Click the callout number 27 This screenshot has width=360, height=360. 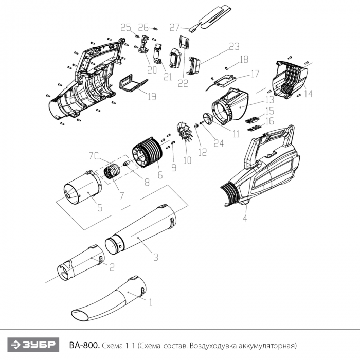(174, 28)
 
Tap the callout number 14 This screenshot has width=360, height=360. (309, 94)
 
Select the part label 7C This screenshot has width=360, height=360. (94, 156)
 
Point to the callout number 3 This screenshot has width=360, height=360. (156, 257)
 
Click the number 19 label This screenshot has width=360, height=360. (152, 97)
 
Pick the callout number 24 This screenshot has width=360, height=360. (219, 143)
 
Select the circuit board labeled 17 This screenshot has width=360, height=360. (225, 81)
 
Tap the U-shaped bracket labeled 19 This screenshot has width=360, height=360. (133, 84)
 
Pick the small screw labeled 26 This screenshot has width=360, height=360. (156, 29)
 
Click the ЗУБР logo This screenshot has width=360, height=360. (33, 345)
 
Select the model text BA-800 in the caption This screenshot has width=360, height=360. (84, 345)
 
